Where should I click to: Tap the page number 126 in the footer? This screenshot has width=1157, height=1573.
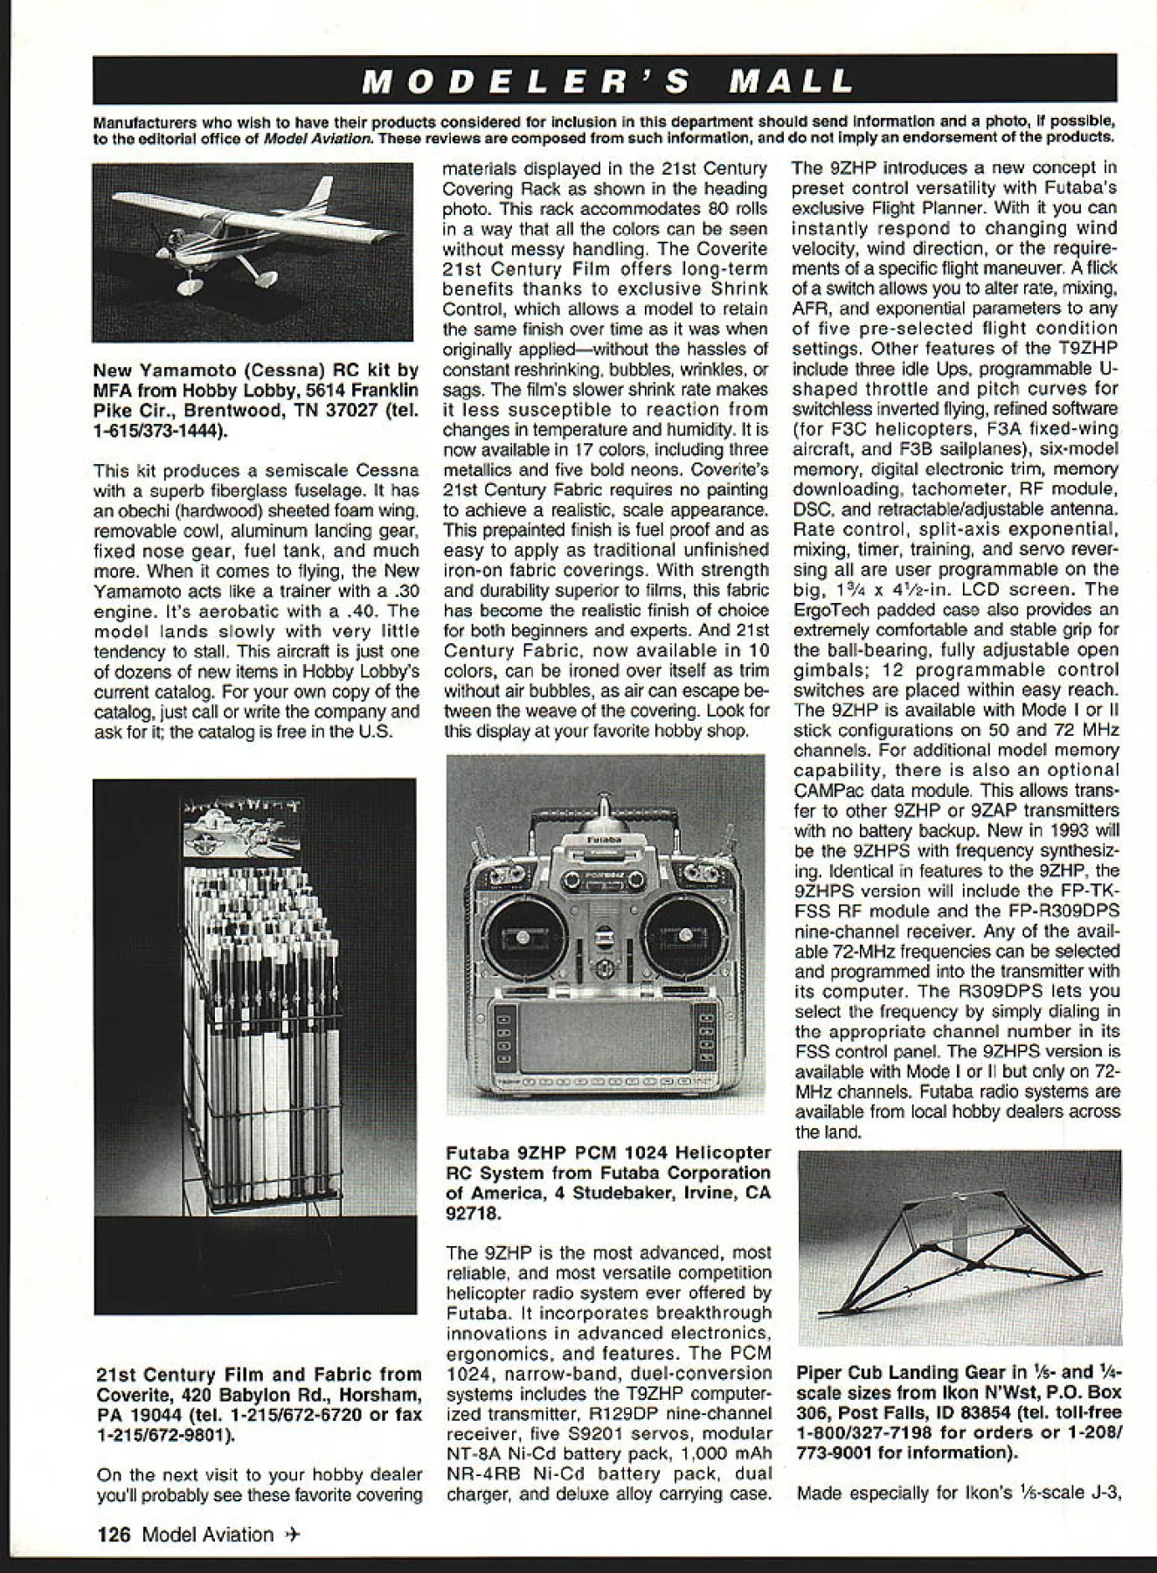[114, 1534]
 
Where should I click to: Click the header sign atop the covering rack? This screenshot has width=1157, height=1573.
[241, 826]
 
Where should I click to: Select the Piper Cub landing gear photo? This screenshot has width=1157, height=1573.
[959, 1247]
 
